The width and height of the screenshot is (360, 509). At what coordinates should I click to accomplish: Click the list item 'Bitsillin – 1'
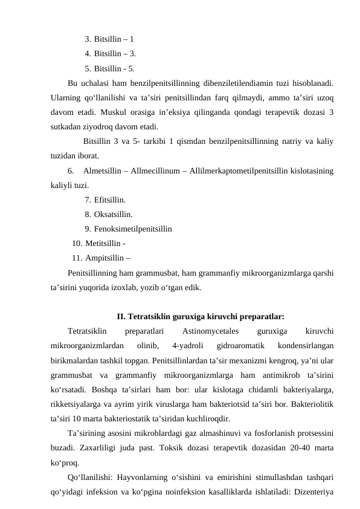click(114, 39)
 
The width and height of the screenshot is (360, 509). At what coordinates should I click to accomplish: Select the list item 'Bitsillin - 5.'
click(114, 68)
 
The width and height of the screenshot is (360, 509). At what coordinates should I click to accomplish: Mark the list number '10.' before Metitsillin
click(77, 244)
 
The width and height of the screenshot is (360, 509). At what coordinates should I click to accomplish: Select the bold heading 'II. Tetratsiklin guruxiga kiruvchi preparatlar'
click(201, 316)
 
